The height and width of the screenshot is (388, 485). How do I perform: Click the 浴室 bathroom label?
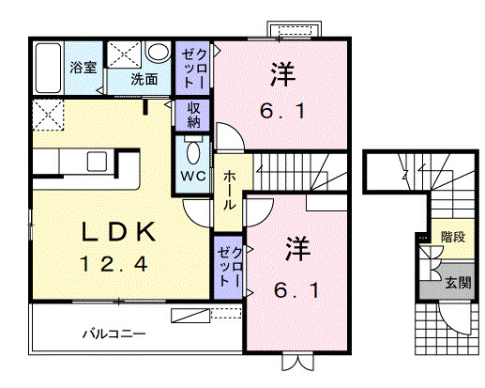(x=83, y=68)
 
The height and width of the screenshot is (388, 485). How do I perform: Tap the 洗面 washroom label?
(x=144, y=79)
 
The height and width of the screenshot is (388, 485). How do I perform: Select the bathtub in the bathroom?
(x=48, y=68)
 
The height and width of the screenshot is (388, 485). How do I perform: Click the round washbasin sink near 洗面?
(x=159, y=53)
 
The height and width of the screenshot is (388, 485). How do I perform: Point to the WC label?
(x=193, y=176)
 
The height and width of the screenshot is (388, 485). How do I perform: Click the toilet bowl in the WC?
(x=194, y=152)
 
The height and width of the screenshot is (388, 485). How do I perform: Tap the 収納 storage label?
(x=193, y=115)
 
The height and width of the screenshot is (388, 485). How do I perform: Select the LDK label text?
(x=118, y=232)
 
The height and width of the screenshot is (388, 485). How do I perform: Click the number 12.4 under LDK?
(x=114, y=264)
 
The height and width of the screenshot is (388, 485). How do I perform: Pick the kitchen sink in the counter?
(x=97, y=162)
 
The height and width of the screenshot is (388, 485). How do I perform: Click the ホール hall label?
(x=229, y=190)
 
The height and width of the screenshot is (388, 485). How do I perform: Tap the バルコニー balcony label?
(x=114, y=334)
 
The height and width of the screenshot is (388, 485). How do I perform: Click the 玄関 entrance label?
(x=458, y=283)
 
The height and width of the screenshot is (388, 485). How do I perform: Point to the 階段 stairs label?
(x=453, y=237)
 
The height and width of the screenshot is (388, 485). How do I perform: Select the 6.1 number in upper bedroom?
(x=282, y=111)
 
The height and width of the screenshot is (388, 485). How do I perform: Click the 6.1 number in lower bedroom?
(x=296, y=290)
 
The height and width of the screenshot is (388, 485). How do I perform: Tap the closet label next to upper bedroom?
(x=194, y=69)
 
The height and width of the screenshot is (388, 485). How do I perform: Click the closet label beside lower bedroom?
(x=230, y=267)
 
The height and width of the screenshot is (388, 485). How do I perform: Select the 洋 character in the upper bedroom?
(x=283, y=74)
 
